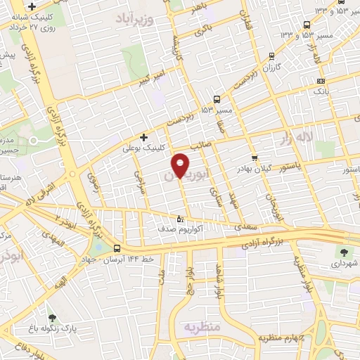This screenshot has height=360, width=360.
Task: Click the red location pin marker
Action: pos(181,165)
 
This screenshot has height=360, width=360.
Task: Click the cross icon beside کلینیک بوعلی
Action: pos(144,137)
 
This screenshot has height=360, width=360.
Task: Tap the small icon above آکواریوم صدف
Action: pos(180,219)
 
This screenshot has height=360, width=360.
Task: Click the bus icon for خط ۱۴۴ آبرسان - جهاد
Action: pos(117,247)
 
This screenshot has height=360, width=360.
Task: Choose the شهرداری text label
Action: pos(342,264)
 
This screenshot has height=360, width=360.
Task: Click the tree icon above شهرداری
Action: pos(344,252)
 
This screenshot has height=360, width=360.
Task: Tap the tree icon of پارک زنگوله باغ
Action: pos(50,319)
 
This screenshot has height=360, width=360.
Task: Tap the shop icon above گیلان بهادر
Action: pos(254,158)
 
